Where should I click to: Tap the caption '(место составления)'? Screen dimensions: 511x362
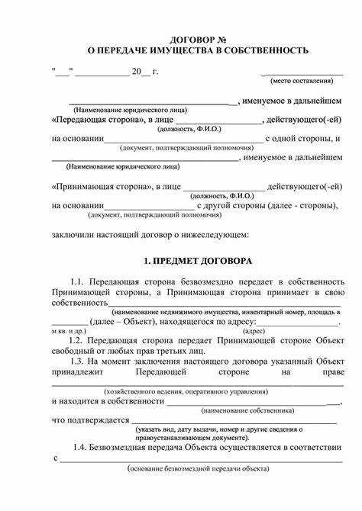[x=302, y=80]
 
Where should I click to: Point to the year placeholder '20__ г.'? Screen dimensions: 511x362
[x=145, y=71]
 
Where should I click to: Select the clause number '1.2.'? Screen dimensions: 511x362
[x=79, y=341]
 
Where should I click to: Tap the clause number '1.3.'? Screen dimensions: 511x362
[x=79, y=361]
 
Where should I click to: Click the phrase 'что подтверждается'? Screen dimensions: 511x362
[x=90, y=419]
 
